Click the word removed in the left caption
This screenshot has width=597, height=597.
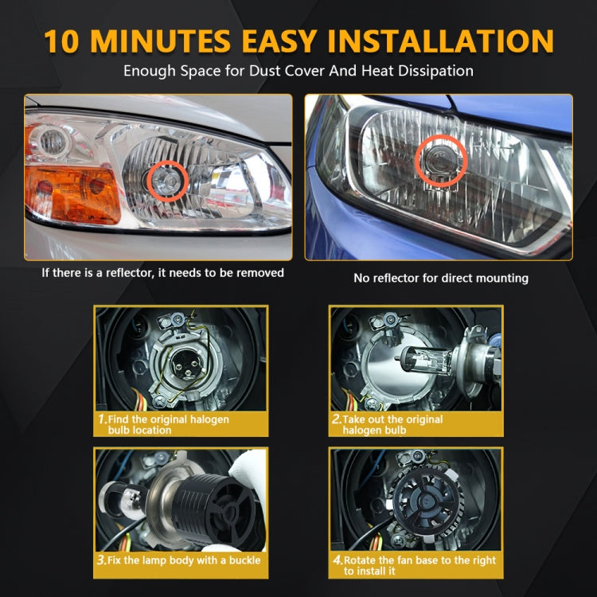(x=259, y=272)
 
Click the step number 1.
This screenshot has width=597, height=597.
(x=102, y=419)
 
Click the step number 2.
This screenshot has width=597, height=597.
(x=337, y=419)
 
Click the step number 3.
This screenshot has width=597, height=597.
(x=102, y=560)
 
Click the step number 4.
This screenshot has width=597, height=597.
(x=337, y=560)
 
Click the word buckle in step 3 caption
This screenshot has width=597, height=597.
(x=242, y=560)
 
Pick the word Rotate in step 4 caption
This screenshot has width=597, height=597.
(x=361, y=560)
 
